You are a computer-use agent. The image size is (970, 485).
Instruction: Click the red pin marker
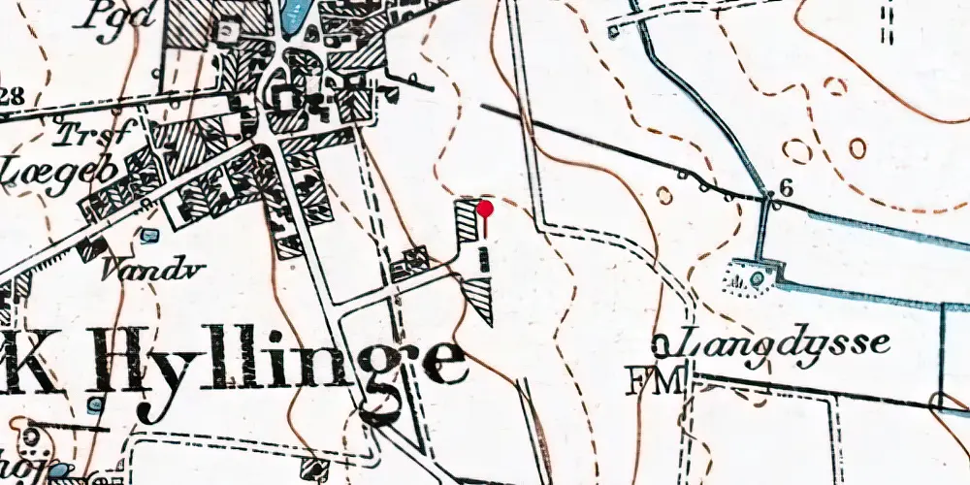[x=485, y=209]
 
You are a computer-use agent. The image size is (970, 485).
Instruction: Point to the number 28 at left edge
[x=12, y=95]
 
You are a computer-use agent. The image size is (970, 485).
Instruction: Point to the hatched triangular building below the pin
[x=482, y=298]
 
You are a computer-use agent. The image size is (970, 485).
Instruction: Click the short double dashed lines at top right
[x=886, y=23]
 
